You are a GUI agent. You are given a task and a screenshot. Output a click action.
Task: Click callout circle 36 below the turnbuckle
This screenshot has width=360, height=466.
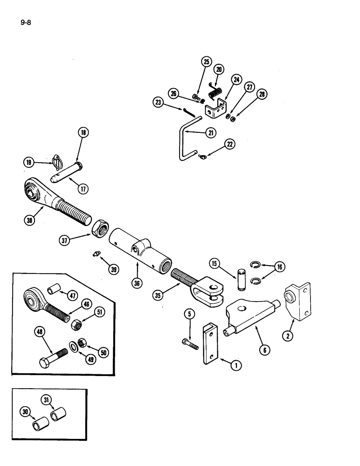[137, 282]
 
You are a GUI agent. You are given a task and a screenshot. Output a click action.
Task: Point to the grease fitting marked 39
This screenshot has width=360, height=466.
[97, 254]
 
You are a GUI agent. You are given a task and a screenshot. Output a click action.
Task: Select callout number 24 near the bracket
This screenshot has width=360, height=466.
[236, 80]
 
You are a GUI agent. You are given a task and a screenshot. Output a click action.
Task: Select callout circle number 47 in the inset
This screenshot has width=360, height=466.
[72, 295]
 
